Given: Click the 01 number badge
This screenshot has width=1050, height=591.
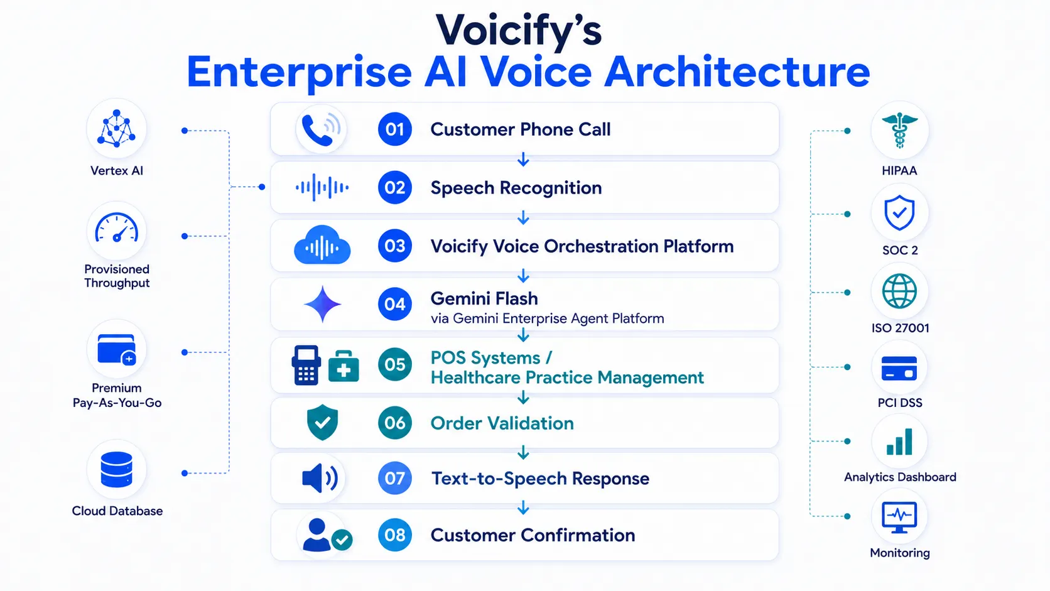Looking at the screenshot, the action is tap(394, 129).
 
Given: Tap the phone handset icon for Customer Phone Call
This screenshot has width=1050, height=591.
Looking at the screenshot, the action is tap(317, 130).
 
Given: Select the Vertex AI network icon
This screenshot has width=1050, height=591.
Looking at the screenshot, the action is tap(116, 128).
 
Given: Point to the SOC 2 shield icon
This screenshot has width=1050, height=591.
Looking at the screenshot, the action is tap(899, 214).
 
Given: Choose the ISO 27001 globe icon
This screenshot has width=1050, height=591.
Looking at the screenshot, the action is tap(899, 291).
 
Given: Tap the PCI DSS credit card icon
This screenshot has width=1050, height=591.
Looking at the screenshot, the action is tap(899, 368).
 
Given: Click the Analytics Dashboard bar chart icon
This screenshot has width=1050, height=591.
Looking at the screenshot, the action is tap(899, 442).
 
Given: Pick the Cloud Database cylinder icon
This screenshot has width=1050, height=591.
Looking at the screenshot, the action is tap(116, 469).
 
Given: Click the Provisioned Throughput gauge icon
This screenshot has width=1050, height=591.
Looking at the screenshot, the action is tap(116, 228).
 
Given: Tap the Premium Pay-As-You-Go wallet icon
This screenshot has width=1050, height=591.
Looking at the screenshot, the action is tap(117, 350).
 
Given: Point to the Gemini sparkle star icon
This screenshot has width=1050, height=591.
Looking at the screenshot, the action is tap(323, 304).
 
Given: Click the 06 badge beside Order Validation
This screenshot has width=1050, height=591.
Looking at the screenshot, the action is tap(394, 423).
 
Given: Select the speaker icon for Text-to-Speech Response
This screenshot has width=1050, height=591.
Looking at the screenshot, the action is tap(320, 478).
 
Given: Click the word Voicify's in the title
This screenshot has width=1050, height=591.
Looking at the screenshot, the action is tap(519, 31).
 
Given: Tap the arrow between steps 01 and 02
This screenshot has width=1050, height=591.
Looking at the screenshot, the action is tap(523, 160).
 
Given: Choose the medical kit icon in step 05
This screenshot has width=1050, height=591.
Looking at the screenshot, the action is tap(344, 366).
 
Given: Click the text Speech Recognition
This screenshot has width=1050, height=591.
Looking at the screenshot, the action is tap(516, 188).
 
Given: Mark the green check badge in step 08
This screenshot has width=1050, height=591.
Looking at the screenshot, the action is tap(342, 540).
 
